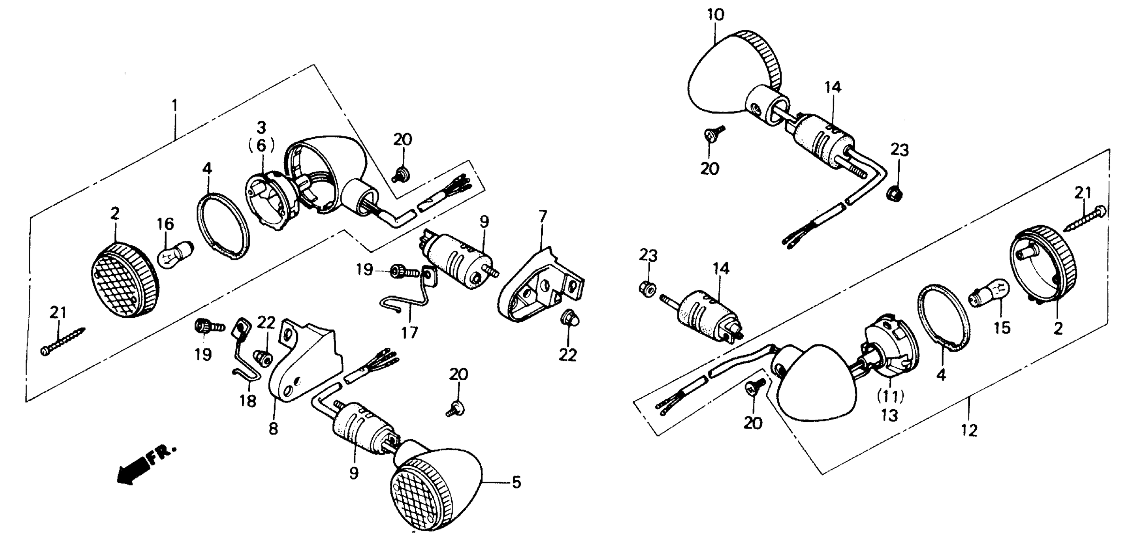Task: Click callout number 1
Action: pos(175,106)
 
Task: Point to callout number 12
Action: pos(969,431)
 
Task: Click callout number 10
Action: pos(715,14)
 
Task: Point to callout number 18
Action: pos(248,401)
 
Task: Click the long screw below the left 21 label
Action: pos(64,341)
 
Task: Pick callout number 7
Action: pos(543,216)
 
